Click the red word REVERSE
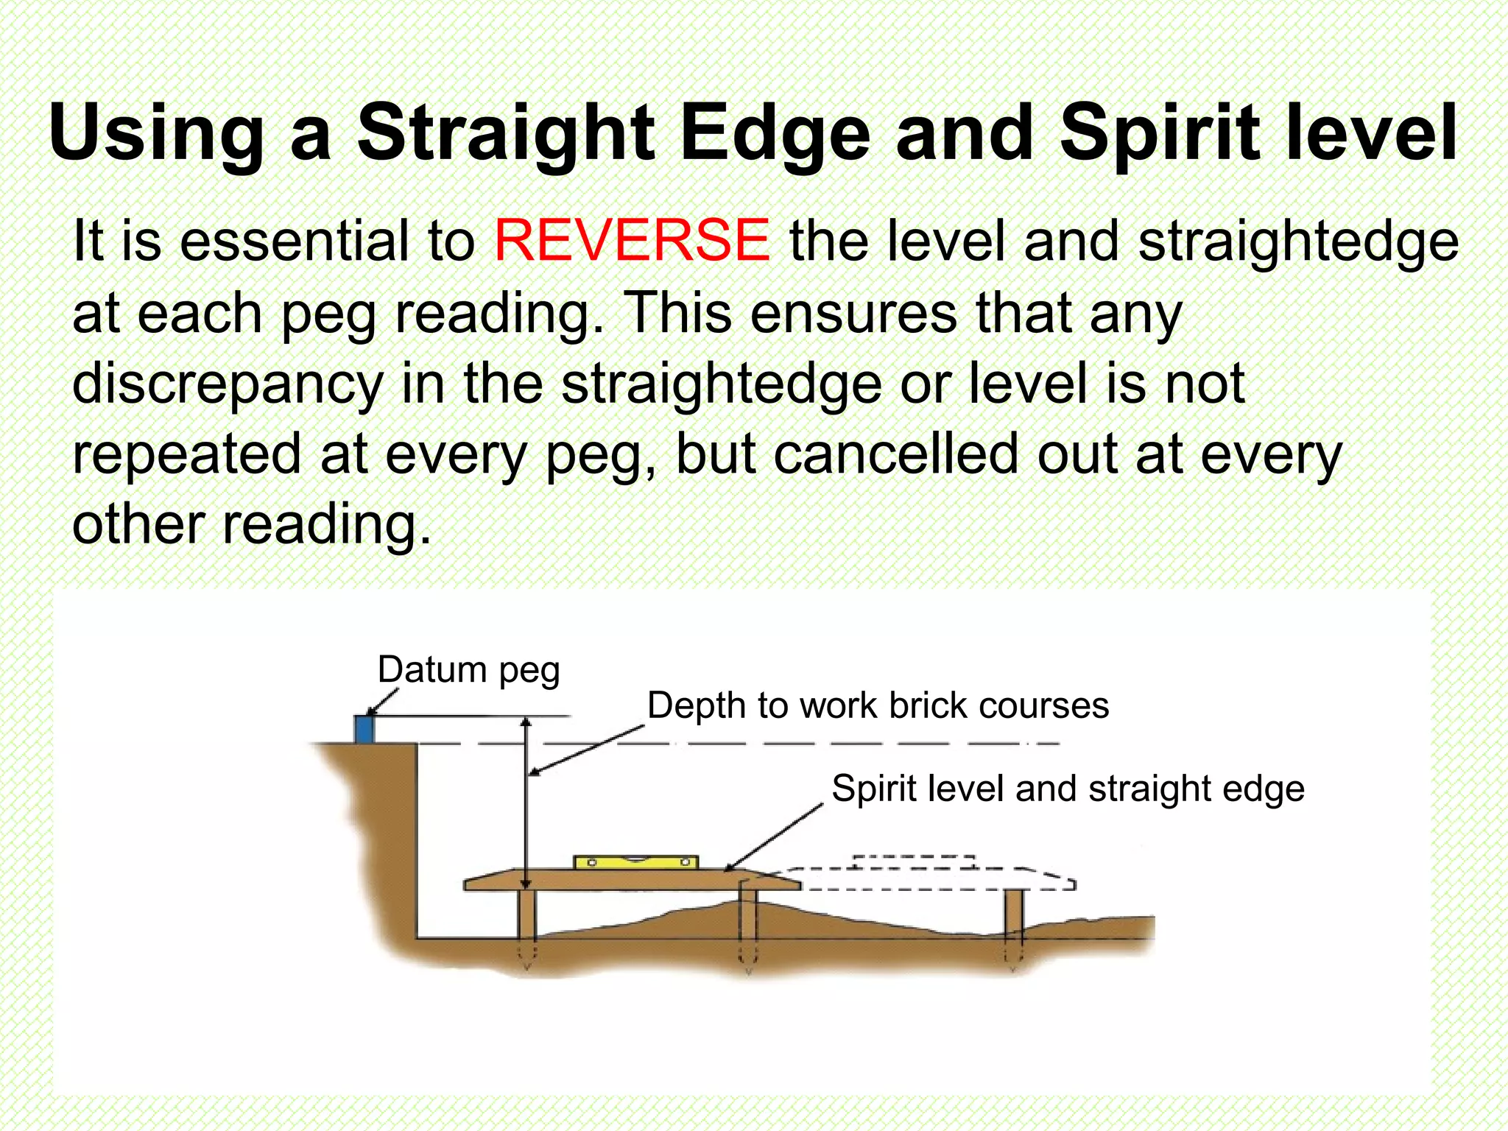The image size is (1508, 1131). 632,241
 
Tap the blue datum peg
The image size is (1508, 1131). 364,729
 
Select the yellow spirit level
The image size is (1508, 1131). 635,862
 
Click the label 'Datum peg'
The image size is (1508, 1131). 468,671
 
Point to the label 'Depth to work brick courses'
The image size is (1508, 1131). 878,705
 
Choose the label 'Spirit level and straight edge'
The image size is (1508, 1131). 1068,789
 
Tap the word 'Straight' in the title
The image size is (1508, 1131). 506,134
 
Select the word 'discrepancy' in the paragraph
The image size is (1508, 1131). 228,385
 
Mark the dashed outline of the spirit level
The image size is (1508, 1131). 914,862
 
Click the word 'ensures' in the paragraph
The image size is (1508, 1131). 854,313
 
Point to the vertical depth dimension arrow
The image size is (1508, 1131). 526,803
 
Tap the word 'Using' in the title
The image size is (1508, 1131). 156,134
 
